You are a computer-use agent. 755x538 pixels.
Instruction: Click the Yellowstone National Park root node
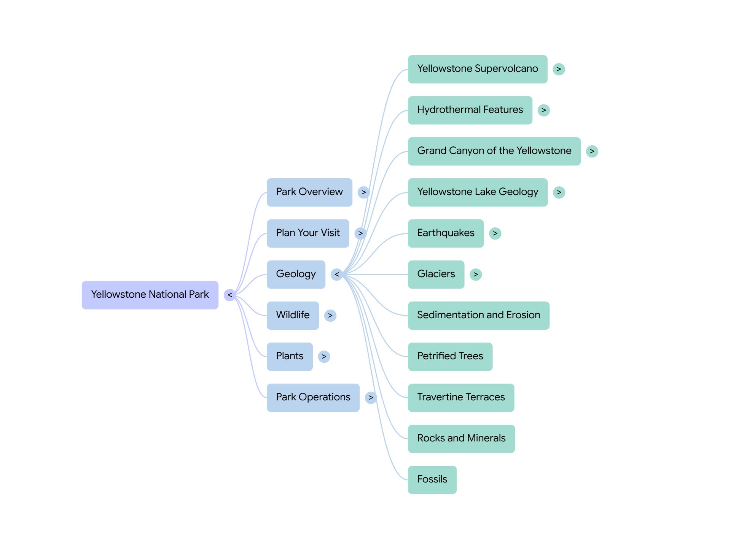pos(150,295)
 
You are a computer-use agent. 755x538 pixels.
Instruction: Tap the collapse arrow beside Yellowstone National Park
pos(229,295)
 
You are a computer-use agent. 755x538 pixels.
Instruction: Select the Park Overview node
pos(309,192)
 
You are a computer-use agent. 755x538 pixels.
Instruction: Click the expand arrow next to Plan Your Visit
pos(360,233)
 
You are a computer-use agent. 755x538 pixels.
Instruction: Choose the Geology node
pos(296,274)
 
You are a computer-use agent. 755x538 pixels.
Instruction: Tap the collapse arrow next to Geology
pos(336,274)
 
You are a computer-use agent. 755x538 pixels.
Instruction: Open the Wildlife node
pos(293,315)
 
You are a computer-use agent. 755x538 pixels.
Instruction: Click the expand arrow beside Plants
pos(324,356)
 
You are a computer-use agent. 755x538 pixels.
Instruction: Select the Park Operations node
pos(313,397)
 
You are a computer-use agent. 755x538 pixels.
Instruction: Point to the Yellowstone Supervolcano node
pos(477,69)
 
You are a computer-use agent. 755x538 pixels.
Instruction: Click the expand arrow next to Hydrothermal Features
pos(543,110)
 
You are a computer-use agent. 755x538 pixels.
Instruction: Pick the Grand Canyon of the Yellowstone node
pos(494,151)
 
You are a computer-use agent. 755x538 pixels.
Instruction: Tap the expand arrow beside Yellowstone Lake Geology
pos(559,192)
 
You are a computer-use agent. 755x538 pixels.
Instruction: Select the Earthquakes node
pos(446,233)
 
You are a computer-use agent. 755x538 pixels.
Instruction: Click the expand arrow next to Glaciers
pos(475,274)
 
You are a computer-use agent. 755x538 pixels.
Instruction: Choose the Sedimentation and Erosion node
pos(478,315)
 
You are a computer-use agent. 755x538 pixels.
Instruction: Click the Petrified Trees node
pos(450,356)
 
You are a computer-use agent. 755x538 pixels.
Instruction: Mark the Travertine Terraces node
pos(461,397)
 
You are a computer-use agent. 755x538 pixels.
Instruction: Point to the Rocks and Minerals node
pos(461,438)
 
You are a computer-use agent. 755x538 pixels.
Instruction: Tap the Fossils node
pos(432,479)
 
